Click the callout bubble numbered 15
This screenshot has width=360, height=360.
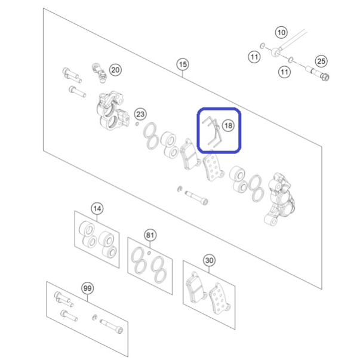tap(183, 64)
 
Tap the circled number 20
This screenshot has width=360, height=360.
tap(115, 70)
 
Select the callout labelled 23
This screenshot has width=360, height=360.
tap(140, 114)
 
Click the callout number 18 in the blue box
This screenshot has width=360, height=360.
tap(228, 125)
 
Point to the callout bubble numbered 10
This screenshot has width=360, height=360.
tap(281, 32)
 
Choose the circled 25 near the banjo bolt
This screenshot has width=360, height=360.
tap(321, 61)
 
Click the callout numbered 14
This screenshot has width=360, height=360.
tap(97, 208)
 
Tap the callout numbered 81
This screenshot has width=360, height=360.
tap(150, 235)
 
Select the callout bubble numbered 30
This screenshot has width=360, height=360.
tap(209, 260)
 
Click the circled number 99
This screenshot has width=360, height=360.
tap(88, 288)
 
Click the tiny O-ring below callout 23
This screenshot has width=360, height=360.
tap(137, 124)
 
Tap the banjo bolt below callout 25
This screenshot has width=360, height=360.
tap(318, 73)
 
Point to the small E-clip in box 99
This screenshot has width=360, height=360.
tap(94, 318)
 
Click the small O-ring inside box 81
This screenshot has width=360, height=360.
tap(149, 253)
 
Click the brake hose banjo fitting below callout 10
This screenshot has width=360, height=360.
tap(276, 52)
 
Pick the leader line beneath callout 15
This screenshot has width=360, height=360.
tap(183, 74)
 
